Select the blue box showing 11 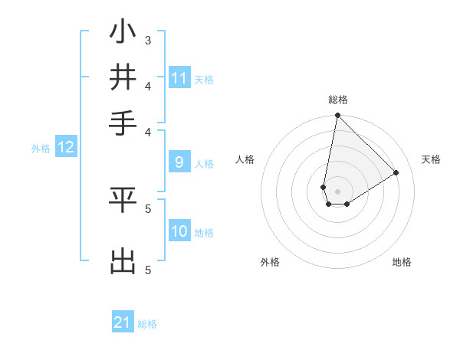[179, 78]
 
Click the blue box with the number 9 [179, 162]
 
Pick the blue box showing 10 [179, 232]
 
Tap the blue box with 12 [66, 148]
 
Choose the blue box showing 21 [123, 322]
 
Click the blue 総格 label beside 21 [147, 324]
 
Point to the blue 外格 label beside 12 [41, 149]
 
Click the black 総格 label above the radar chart [337, 100]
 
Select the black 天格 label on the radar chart [431, 159]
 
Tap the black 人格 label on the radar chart [245, 159]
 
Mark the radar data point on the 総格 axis [337, 116]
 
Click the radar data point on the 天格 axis [396, 172]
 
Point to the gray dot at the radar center [337, 191]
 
